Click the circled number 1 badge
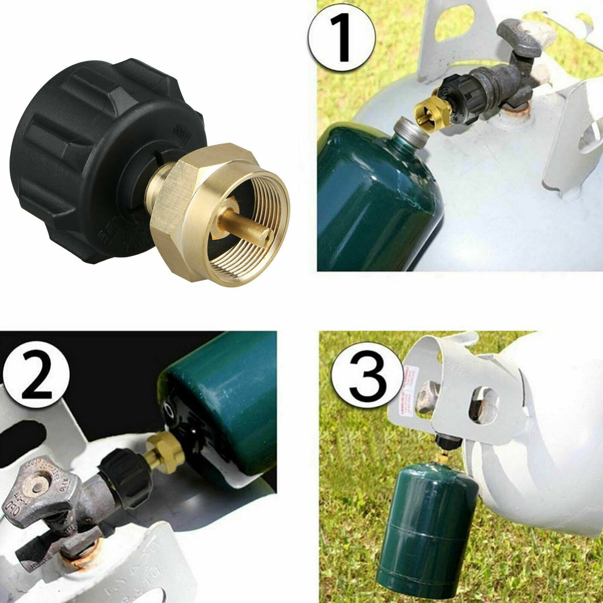342,37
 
